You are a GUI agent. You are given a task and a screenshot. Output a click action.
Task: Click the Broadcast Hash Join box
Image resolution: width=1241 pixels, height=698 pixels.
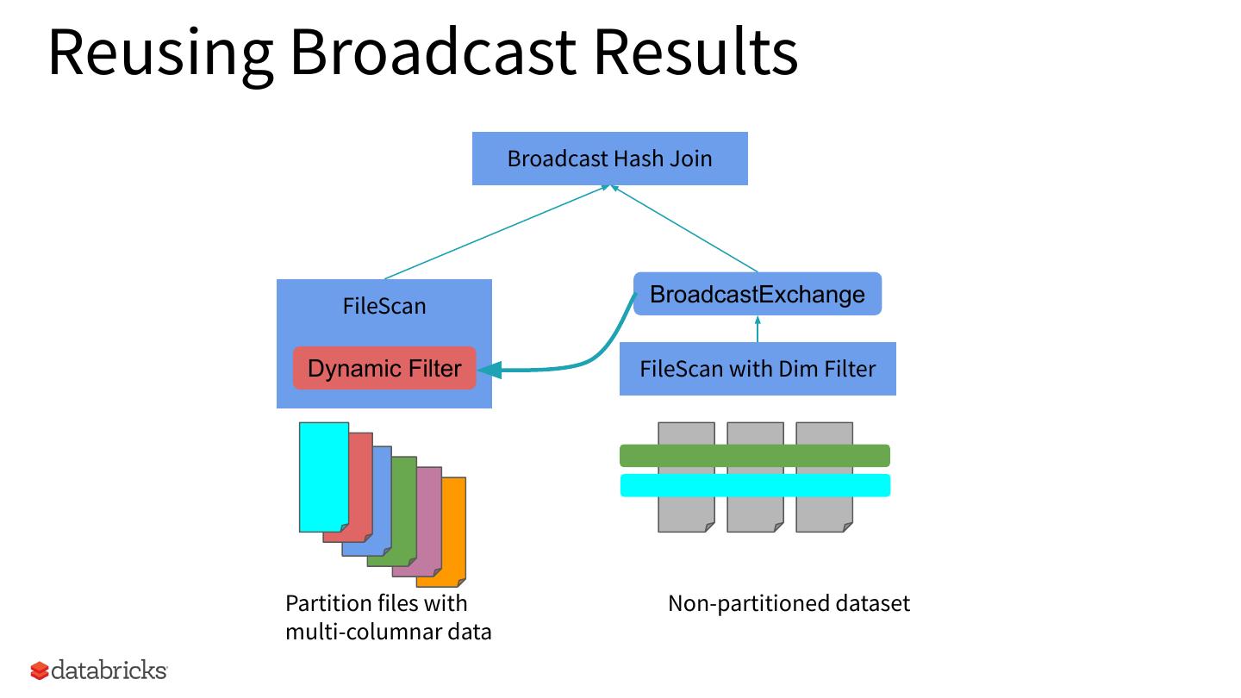609,159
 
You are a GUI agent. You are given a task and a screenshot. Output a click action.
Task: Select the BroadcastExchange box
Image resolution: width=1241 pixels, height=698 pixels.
757,294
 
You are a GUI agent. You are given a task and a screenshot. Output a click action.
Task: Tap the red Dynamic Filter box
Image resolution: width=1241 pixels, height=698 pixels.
384,369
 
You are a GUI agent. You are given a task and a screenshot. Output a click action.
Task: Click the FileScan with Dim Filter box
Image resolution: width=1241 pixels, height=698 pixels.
757,369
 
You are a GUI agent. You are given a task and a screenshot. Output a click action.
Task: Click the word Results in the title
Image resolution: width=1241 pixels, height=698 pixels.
695,52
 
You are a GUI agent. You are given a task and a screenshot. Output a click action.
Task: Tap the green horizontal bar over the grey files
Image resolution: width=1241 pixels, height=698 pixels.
754,455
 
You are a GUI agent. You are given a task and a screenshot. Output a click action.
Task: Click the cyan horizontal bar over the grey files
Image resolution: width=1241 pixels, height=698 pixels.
754,485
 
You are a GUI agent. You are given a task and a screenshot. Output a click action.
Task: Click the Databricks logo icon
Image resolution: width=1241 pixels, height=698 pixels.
40,670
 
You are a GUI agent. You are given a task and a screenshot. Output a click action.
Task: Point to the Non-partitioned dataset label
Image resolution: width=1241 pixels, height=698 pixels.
789,603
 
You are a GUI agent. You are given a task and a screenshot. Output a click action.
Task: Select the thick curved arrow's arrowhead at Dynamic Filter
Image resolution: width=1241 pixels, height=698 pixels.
490,370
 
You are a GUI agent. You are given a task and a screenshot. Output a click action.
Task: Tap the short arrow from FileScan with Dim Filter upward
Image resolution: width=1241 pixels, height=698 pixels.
758,329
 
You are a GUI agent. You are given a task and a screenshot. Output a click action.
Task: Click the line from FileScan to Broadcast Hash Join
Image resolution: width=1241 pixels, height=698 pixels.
496,232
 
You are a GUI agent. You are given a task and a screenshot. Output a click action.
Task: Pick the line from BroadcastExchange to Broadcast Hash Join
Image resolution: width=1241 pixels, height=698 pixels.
684,228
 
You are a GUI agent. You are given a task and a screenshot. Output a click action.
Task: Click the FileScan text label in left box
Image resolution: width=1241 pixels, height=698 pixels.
384,306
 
